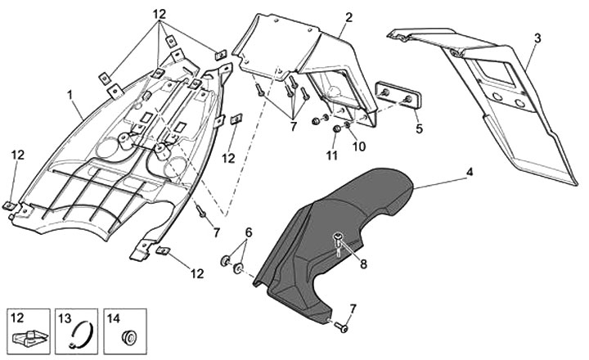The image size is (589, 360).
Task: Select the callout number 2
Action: (x=348, y=17)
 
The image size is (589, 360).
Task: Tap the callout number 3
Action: (x=537, y=38)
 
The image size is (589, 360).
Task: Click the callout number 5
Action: (x=418, y=128)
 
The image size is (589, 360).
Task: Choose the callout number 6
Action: (x=250, y=232)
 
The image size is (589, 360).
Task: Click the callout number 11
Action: (x=331, y=155)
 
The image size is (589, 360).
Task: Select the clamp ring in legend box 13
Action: (x=77, y=335)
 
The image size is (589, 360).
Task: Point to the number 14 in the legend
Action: (x=114, y=317)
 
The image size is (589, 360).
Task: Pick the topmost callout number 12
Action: (x=159, y=15)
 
